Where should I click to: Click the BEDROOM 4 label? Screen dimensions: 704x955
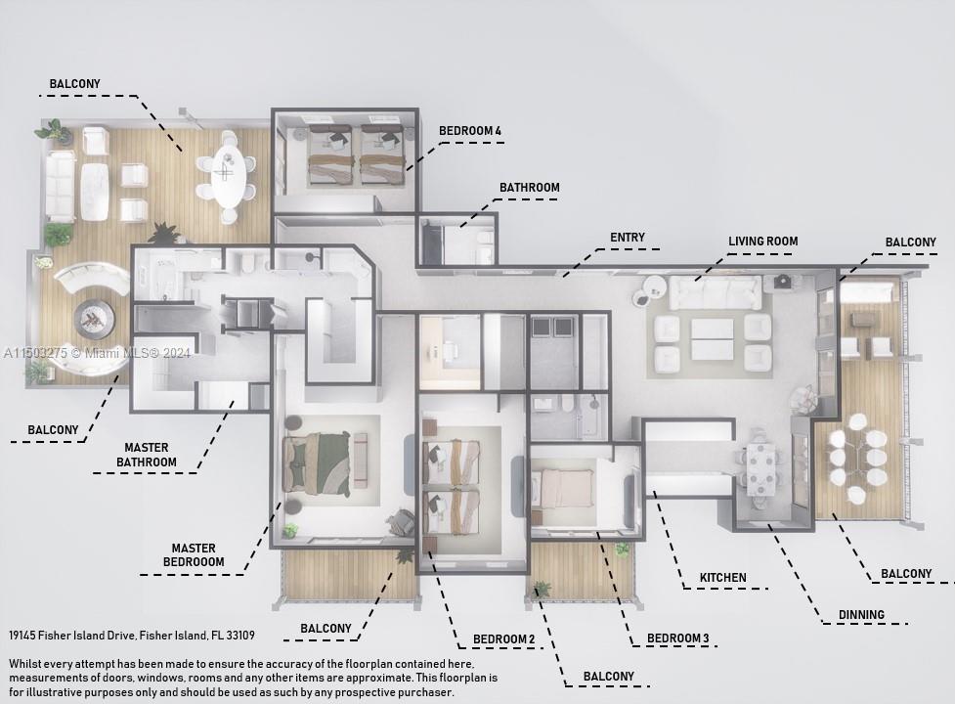(469, 131)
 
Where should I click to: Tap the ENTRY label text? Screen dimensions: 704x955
(627, 238)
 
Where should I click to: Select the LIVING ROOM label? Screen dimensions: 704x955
(762, 242)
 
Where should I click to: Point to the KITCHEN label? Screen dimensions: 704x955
(722, 578)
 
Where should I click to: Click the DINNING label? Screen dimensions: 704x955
(860, 615)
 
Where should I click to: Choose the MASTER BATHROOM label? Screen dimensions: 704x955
(147, 456)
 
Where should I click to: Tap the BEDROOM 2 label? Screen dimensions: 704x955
(504, 639)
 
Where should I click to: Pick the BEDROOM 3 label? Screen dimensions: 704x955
(677, 638)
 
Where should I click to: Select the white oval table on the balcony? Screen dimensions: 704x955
(228, 176)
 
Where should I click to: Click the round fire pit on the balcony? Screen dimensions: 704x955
(94, 318)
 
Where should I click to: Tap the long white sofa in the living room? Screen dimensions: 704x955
(716, 291)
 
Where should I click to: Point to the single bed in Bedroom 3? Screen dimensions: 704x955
(564, 487)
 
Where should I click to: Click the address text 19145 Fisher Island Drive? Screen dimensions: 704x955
(132, 636)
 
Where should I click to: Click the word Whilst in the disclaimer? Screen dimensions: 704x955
(28, 664)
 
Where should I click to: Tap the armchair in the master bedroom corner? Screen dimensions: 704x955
(401, 524)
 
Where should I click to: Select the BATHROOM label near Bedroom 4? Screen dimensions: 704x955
(529, 188)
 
